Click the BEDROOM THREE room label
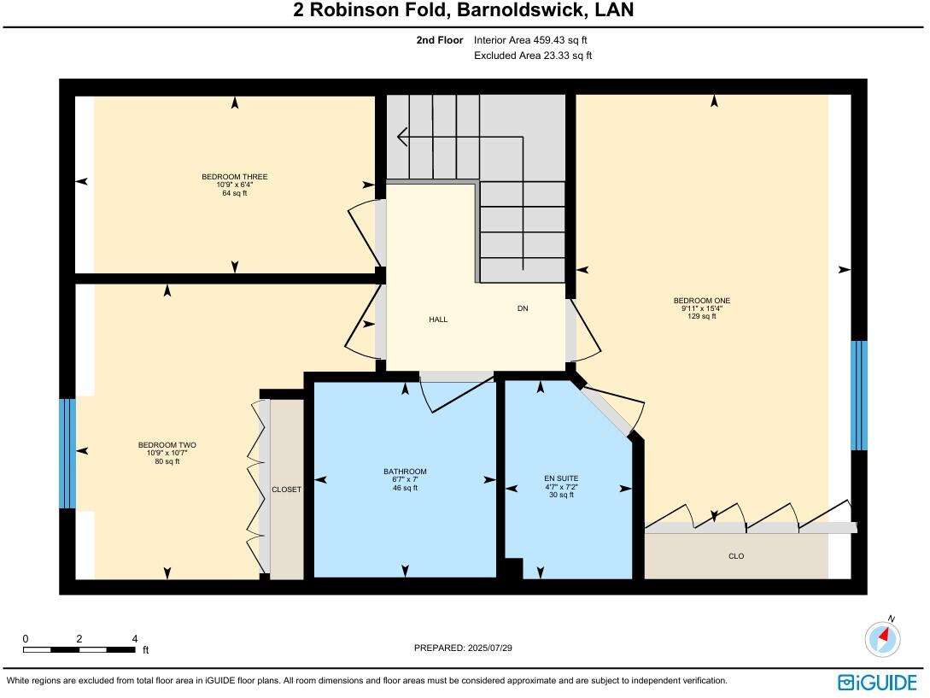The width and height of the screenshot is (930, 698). [234, 177]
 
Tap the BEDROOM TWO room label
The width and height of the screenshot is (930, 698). [167, 445]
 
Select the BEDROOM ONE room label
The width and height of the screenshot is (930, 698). [701, 301]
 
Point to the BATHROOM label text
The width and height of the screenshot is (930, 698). [405, 472]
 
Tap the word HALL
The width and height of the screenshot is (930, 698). [438, 320]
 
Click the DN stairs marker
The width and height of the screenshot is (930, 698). [523, 308]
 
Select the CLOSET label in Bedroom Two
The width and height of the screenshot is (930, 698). [286, 490]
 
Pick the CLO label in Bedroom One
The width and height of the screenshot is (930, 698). [736, 556]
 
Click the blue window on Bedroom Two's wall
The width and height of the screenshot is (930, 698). [67, 453]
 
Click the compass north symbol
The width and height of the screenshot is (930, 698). [883, 638]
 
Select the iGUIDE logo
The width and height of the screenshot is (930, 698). [877, 682]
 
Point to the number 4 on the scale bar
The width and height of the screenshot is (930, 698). [135, 639]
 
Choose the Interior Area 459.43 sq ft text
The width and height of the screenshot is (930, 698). [530, 40]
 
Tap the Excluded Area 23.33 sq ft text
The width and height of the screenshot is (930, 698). [533, 56]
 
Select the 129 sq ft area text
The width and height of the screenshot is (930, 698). [701, 316]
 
